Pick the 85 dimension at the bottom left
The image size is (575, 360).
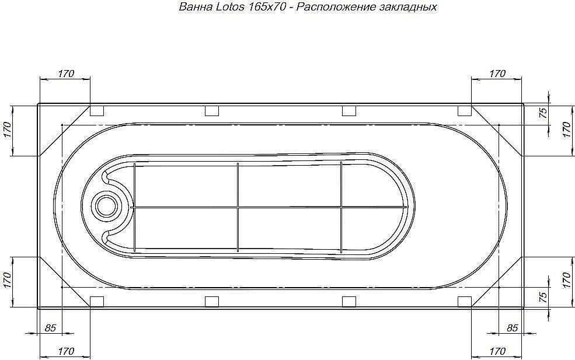[50, 328]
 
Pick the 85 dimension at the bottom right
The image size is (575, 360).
[512, 328]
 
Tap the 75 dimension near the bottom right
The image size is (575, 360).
[543, 298]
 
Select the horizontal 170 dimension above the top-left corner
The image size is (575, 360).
[65, 74]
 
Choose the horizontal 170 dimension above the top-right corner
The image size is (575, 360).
[497, 74]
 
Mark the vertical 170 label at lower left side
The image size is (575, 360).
[8, 282]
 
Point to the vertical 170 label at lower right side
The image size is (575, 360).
[565, 282]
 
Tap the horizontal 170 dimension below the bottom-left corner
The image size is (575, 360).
[65, 351]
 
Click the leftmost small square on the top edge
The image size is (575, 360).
[97, 111]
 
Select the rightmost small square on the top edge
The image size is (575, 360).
[464, 111]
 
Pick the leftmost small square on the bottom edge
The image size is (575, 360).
[97, 302]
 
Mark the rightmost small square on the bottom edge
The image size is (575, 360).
[464, 302]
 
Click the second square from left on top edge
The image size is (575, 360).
[212, 111]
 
